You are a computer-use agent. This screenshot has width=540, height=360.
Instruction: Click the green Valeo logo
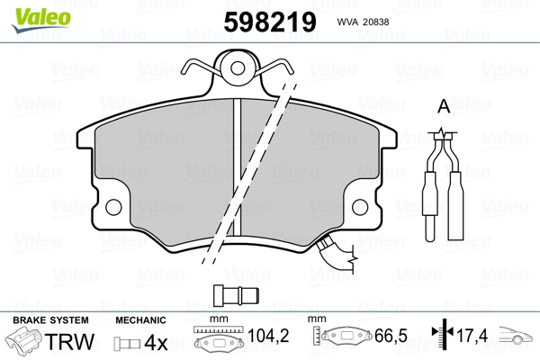(40, 21)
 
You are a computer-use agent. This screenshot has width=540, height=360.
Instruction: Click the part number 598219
(270, 22)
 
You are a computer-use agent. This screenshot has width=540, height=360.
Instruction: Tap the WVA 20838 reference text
(363, 22)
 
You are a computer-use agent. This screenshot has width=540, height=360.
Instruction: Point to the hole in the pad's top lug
(238, 68)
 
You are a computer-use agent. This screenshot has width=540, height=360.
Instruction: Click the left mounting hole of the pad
(113, 207)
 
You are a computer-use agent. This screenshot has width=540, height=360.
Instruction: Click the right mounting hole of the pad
(360, 207)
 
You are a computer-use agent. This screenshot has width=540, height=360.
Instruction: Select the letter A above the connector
(444, 106)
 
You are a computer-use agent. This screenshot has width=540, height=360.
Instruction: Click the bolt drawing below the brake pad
(236, 295)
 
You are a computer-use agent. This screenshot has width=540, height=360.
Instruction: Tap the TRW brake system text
(69, 342)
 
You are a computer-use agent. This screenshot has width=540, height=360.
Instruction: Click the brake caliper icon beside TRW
(23, 341)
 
